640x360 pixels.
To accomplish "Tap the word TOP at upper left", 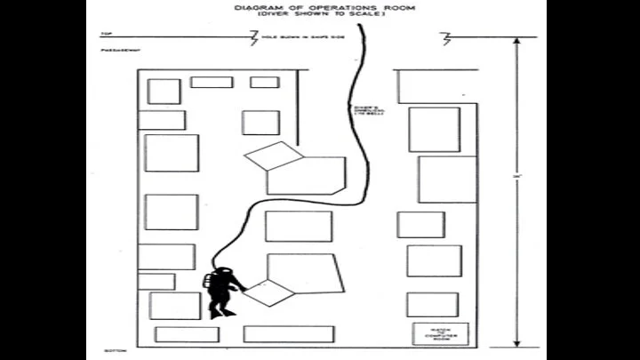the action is coord(104,35).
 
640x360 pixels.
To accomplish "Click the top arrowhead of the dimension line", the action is coord(517,42).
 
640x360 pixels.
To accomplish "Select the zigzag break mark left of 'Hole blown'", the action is coord(252,38).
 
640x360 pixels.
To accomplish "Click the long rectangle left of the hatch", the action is coord(288,334).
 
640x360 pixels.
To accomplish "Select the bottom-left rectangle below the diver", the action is coord(187,334).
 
